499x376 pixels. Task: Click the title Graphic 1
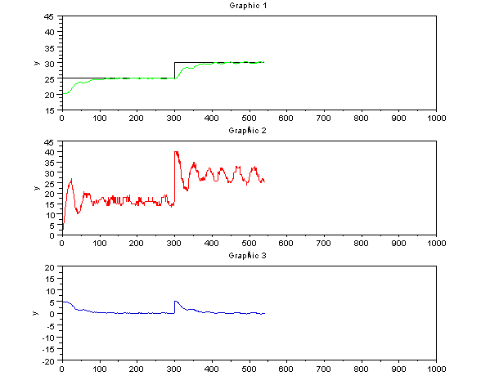pos(249,6)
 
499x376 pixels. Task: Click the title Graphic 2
pos(249,130)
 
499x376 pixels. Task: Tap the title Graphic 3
pos(249,256)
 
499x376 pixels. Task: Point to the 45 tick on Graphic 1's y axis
pos(51,16)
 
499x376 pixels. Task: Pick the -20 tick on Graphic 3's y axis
pos(48,360)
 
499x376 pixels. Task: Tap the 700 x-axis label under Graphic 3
pos(324,369)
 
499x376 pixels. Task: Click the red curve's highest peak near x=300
pos(176,152)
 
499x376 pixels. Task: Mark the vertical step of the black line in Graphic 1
pos(174,70)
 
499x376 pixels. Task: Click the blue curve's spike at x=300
pos(175,301)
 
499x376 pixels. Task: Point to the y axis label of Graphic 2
pos(35,188)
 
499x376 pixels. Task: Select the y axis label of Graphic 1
pos(35,63)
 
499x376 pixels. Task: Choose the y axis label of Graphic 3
pos(35,314)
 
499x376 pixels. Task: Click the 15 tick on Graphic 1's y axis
pos(51,110)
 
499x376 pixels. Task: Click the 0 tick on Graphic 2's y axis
pos(53,235)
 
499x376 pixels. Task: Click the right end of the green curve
pos(263,62)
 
